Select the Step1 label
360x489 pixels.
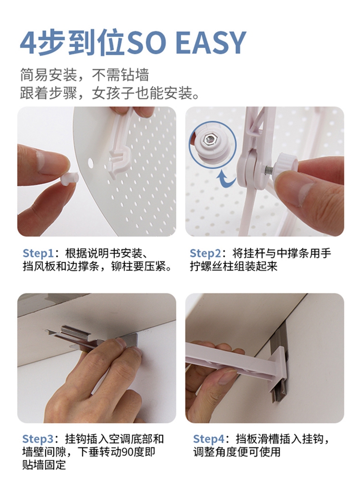38,253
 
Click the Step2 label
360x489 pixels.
205,253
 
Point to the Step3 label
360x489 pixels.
38,439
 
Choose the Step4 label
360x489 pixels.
209,439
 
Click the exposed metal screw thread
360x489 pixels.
269,170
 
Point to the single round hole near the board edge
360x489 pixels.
90,162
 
